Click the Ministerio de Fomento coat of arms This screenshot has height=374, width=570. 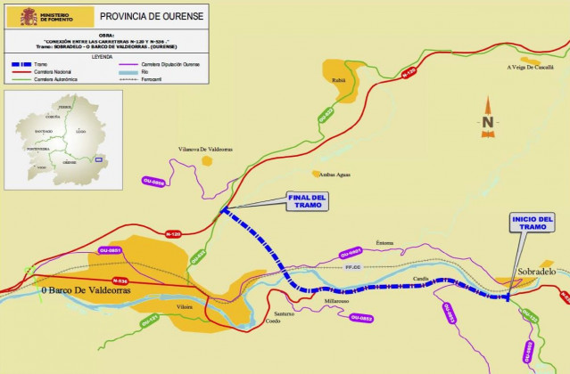tap(23, 15)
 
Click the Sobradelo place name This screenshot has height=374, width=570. tap(536, 271)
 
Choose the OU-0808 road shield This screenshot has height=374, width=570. tap(153, 182)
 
